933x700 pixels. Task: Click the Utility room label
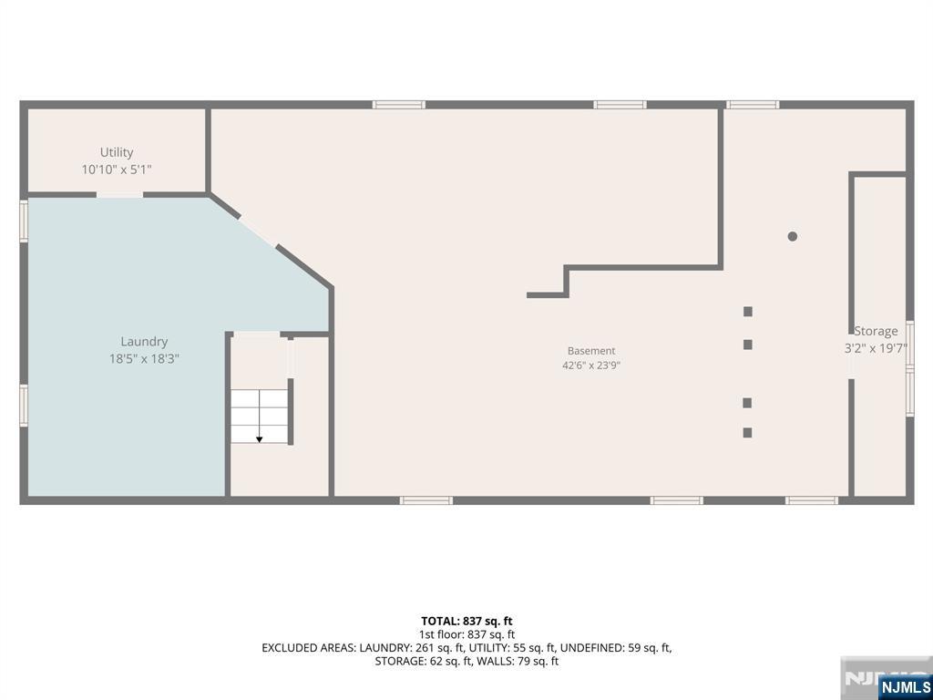117,152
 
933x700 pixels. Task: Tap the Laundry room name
144,342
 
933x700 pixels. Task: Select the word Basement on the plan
590,351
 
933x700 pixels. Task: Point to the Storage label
876,331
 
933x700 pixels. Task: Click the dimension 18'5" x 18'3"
144,359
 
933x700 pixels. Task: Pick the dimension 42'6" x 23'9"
590,365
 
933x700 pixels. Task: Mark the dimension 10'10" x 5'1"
117,170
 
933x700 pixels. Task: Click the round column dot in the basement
792,236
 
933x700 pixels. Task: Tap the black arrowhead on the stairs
260,439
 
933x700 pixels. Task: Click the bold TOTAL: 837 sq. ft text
466,622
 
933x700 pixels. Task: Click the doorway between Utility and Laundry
119,195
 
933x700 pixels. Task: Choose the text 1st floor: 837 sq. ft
467,635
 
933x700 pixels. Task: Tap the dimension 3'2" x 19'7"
876,349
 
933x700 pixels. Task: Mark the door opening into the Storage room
852,356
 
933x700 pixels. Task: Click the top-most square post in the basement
748,312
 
